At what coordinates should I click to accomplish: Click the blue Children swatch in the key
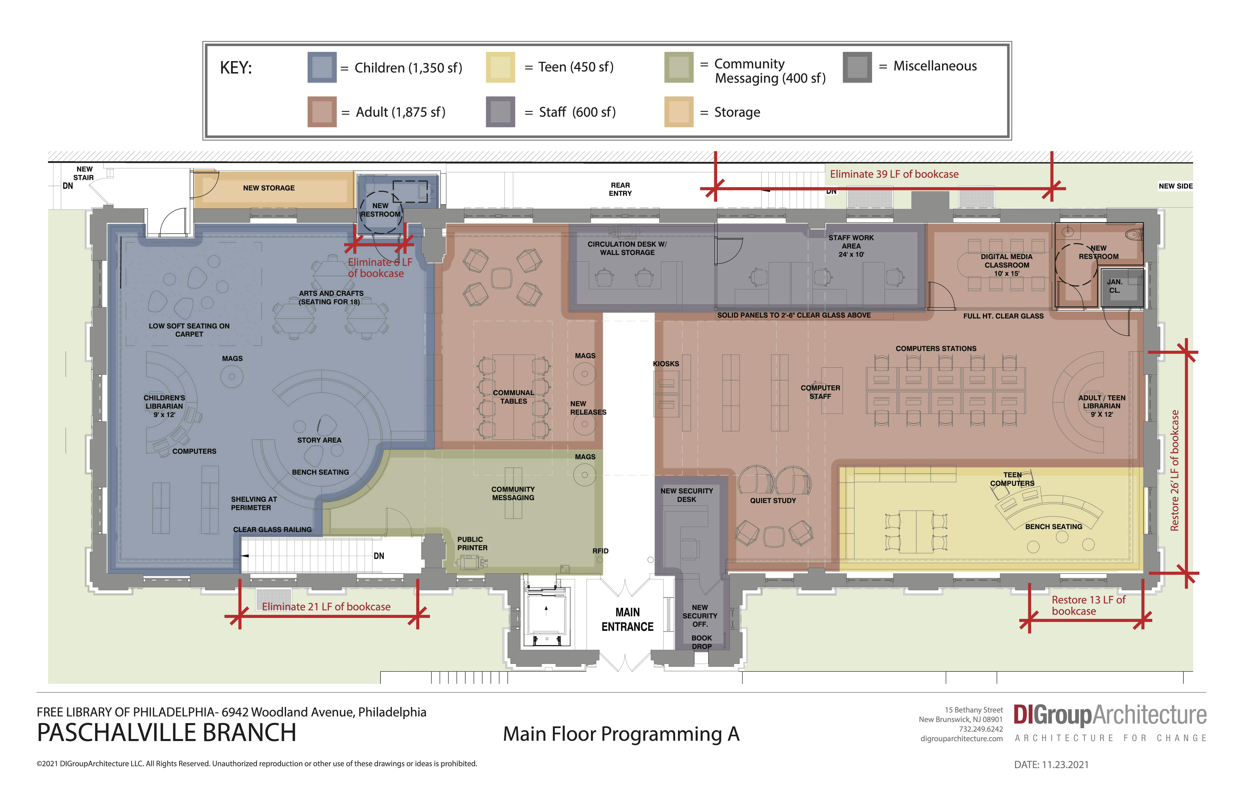point(322,67)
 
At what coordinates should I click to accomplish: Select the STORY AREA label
point(319,440)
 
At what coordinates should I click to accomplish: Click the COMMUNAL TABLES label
point(513,397)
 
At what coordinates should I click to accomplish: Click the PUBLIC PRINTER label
point(472,544)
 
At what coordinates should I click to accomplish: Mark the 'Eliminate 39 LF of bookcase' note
point(894,174)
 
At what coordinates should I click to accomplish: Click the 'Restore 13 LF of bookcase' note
point(1088,605)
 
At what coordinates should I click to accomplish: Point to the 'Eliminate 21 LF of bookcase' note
point(326,607)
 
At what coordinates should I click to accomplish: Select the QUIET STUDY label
point(773,501)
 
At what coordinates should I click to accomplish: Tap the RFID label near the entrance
point(601,551)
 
